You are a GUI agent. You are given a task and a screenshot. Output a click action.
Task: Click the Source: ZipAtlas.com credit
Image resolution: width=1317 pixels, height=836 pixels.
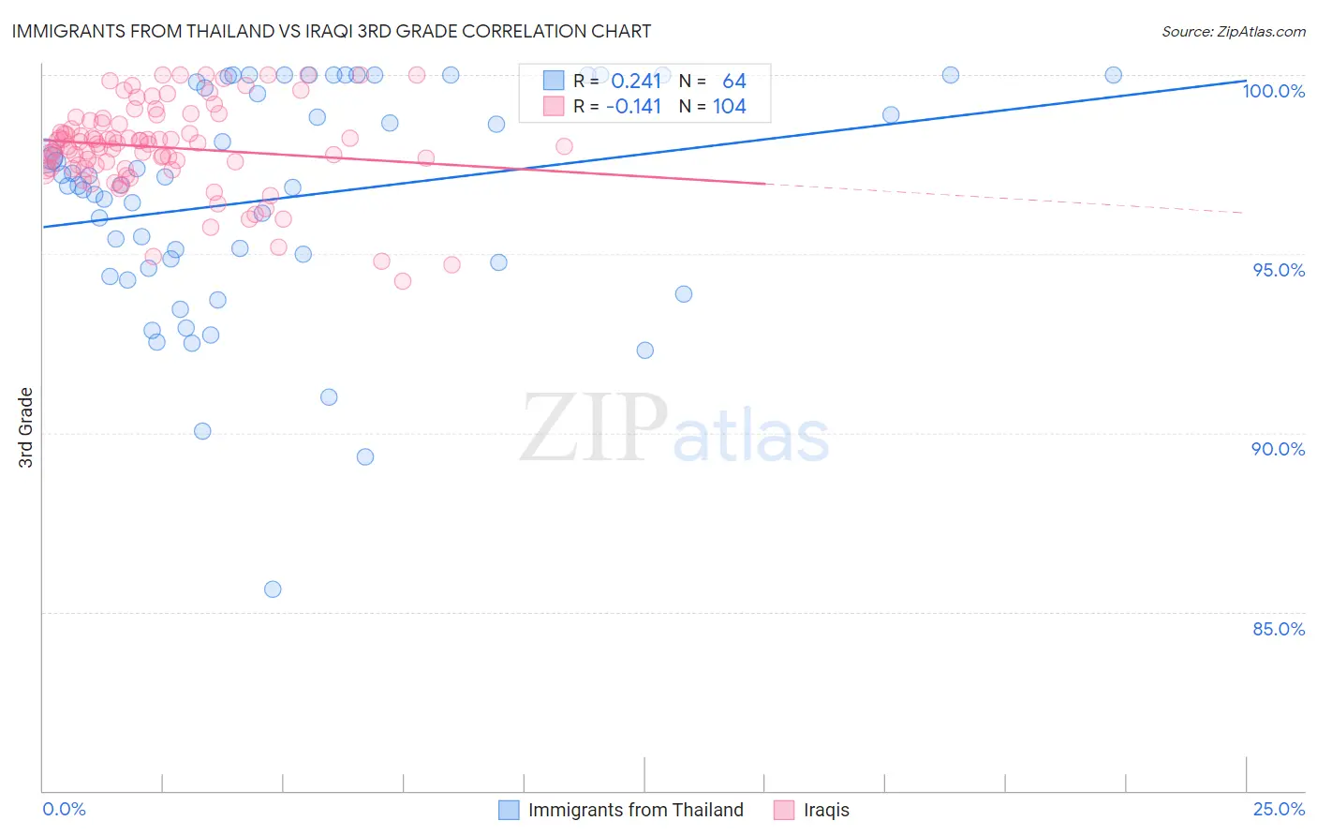[x=1233, y=31]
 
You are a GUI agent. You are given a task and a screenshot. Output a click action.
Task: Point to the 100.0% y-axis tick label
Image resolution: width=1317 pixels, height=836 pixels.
[x=1273, y=91]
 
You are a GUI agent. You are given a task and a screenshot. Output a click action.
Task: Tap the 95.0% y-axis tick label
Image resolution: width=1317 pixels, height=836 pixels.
[x=1279, y=270]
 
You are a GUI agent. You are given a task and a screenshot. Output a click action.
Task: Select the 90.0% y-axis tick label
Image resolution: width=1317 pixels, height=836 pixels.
[x=1279, y=449]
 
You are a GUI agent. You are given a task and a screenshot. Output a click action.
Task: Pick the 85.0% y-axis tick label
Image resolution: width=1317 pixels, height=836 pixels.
[x=1279, y=629]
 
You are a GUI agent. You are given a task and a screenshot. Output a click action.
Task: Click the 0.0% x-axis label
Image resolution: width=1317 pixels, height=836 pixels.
[x=64, y=809]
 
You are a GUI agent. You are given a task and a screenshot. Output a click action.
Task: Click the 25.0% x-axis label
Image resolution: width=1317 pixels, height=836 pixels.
[x=1279, y=809]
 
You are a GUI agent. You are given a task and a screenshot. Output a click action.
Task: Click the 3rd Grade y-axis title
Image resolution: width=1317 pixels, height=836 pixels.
[x=26, y=427]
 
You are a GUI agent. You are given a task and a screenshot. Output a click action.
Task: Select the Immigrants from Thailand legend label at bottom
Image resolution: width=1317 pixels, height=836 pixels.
[x=635, y=810]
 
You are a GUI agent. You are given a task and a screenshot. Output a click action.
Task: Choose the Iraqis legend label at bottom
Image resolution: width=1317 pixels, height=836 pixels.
[x=826, y=810]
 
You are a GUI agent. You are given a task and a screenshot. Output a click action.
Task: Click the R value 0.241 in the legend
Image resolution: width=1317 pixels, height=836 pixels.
[x=636, y=82]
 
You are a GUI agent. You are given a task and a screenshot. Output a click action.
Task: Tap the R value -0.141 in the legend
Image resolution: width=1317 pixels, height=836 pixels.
[x=633, y=106]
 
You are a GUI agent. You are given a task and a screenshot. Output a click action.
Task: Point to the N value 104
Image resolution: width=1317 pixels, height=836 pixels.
[x=730, y=106]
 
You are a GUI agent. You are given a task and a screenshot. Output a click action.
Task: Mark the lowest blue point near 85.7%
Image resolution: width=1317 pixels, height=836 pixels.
[x=273, y=590]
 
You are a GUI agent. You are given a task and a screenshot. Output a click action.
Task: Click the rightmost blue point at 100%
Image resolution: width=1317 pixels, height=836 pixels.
[x=1113, y=75]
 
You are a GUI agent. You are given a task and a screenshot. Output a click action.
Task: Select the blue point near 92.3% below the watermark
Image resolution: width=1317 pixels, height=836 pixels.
[x=644, y=351]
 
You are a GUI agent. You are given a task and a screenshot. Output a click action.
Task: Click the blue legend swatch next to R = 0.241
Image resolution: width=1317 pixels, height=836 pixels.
[x=554, y=82]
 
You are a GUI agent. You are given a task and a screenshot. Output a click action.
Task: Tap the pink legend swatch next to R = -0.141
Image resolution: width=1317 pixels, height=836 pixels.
[x=554, y=106]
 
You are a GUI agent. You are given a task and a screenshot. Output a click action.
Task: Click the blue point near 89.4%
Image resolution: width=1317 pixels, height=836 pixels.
[x=365, y=457]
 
